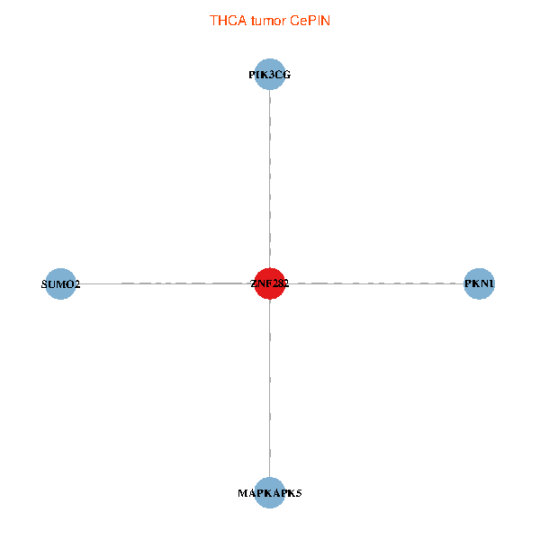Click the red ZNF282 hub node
[x=270, y=283]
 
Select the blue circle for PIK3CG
[x=270, y=75]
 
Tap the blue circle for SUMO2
[x=60, y=283]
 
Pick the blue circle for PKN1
[x=479, y=283]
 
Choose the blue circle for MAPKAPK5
[x=270, y=492]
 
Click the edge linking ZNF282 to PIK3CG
[x=270, y=180]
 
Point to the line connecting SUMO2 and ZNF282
[x=162, y=283]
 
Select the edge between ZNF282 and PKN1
[x=378, y=283]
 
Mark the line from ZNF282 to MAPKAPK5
[x=270, y=387]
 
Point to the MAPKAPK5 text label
[x=270, y=493]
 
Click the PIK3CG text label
[x=270, y=76]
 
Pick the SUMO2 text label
[x=60, y=284]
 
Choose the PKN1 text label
[x=479, y=284]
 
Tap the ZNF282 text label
[x=270, y=284]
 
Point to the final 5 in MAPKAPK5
[x=298, y=493]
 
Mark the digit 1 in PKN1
[x=490, y=284]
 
